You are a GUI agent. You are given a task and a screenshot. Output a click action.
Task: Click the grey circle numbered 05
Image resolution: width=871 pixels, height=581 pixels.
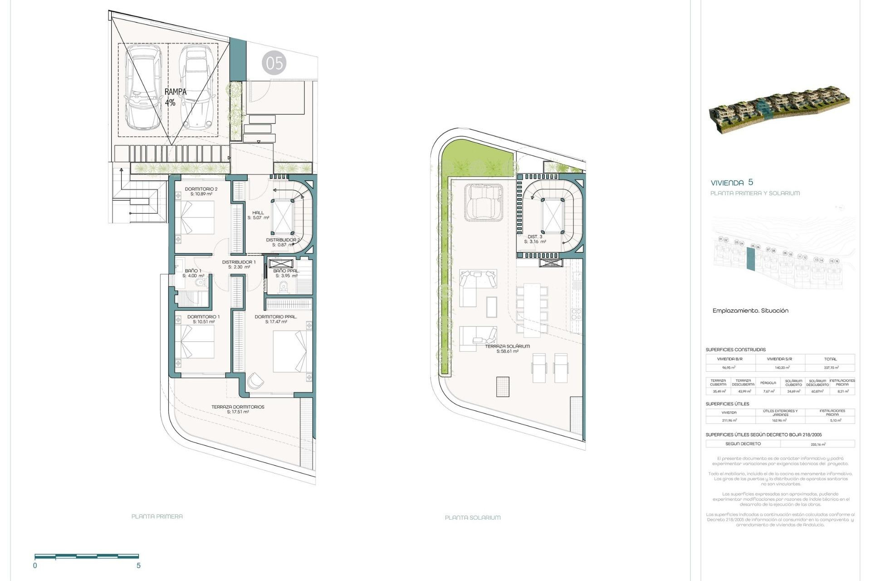pyautogui.click(x=274, y=63)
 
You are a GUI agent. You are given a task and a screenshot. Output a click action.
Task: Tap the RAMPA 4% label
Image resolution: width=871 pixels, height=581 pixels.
pyautogui.click(x=175, y=97)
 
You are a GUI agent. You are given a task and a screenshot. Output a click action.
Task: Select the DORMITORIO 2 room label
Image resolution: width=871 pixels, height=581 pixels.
pyautogui.click(x=201, y=191)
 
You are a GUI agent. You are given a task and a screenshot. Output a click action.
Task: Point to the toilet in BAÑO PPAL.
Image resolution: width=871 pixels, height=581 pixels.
pyautogui.click(x=284, y=287)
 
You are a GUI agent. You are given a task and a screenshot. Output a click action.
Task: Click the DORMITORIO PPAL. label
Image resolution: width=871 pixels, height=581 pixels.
pyautogui.click(x=276, y=319)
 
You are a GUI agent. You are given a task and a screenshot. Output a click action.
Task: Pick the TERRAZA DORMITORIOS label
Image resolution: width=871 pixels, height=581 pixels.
pyautogui.click(x=238, y=409)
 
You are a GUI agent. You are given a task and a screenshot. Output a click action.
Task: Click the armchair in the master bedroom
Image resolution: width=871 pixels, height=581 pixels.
pyautogui.click(x=255, y=380)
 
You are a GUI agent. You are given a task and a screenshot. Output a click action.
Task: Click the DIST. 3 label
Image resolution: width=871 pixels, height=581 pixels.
pyautogui.click(x=535, y=239)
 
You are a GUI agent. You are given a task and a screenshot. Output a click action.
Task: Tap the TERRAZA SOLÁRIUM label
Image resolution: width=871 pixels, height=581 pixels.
pyautogui.click(x=507, y=349)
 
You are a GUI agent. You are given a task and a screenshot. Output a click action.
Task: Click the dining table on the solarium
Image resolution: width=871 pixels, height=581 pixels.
pyautogui.click(x=532, y=310)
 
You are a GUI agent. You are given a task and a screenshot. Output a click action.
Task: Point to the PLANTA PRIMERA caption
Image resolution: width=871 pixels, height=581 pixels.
pyautogui.click(x=157, y=516)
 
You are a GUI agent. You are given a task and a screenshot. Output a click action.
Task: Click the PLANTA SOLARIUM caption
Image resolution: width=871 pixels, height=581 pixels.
pyautogui.click(x=473, y=517)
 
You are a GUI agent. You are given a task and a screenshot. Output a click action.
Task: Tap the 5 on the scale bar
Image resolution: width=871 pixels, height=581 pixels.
pyautogui.click(x=138, y=566)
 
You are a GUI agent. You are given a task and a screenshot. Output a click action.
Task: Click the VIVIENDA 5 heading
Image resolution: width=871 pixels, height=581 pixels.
pyautogui.click(x=732, y=182)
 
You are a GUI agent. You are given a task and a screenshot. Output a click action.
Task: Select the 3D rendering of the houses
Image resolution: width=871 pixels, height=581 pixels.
pyautogui.click(x=778, y=111)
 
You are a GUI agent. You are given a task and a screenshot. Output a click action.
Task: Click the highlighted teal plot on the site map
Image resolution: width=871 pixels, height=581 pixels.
pyautogui.click(x=751, y=260)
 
